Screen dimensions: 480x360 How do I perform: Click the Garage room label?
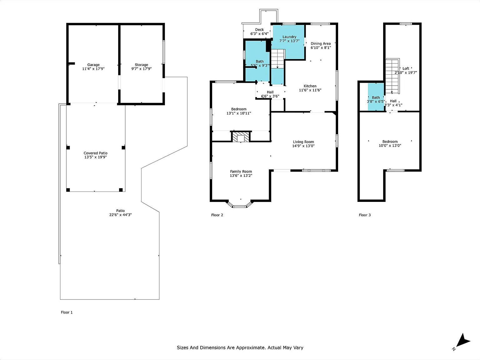(x=93, y=65)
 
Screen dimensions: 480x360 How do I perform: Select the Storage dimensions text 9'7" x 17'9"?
(x=141, y=69)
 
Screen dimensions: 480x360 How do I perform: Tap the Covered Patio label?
(x=96, y=153)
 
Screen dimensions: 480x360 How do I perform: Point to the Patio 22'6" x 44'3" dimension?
(x=121, y=215)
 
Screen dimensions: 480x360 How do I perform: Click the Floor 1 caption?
(x=67, y=312)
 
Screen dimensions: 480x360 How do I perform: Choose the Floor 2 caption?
(x=217, y=215)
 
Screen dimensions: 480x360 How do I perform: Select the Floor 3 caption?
(x=365, y=215)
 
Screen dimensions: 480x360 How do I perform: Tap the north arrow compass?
(x=462, y=342)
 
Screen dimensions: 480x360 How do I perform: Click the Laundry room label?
(x=289, y=37)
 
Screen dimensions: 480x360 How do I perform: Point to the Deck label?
(x=259, y=29)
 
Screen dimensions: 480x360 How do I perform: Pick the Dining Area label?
(x=321, y=43)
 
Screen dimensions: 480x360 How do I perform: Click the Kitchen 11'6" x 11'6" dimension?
(x=310, y=90)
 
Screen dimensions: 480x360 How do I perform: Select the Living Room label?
(x=303, y=142)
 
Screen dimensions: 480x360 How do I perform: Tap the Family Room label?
(x=241, y=172)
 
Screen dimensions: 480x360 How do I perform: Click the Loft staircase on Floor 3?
(x=392, y=76)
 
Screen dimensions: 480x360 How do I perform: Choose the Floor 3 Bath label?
(x=376, y=97)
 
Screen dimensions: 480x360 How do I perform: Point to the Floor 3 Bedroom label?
(x=390, y=142)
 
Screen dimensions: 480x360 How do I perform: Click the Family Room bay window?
(x=239, y=205)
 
